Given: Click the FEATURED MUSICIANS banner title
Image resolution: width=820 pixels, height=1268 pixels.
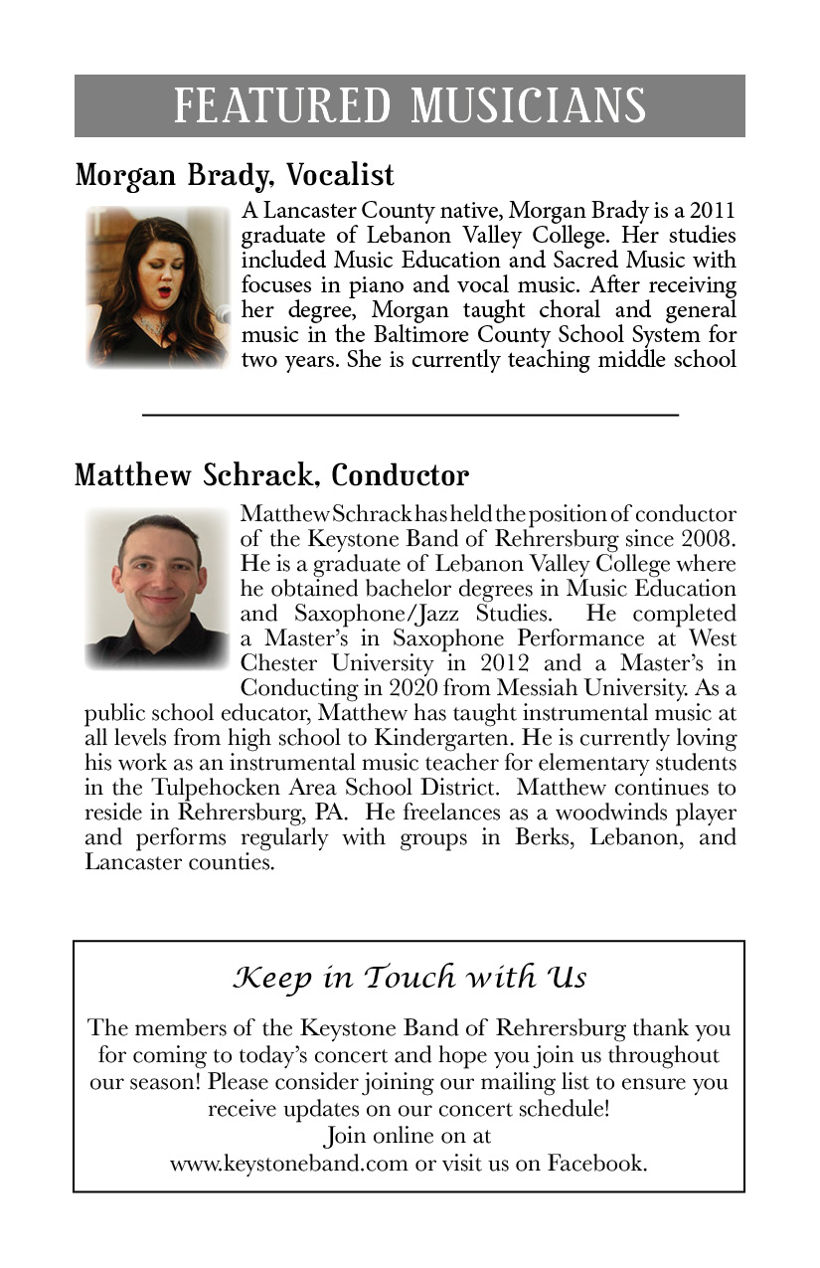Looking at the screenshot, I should pos(410,105).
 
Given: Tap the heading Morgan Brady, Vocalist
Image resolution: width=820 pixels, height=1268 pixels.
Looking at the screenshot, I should pos(235,176).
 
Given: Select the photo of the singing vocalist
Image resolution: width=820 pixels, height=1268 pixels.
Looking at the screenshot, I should pos(157,286).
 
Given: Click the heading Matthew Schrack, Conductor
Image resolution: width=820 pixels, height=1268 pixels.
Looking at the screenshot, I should pos(271,474).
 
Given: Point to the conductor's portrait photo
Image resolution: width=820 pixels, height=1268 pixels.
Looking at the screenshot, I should pos(157,587).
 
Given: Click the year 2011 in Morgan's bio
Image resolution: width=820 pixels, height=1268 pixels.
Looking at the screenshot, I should pos(711,212).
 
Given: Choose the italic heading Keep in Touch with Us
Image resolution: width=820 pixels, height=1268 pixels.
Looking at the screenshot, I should pos(410,978).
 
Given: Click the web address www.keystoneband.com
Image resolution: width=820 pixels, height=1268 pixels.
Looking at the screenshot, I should pos(288,1162).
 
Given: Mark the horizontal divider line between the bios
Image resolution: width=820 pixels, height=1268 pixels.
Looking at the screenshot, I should pos(410,413).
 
